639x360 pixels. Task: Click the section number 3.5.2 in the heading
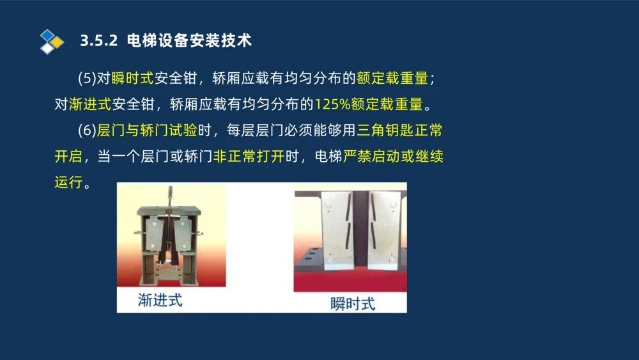tap(99, 41)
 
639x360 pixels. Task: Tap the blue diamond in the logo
tap(47, 35)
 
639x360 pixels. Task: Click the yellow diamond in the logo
tap(57, 42)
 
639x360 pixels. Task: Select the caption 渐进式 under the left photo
tap(160, 300)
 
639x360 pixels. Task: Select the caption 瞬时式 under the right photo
tap(353, 303)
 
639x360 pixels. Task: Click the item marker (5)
tap(86, 78)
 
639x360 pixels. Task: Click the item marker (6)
tap(86, 130)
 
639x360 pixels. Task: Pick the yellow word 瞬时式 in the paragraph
tap(132, 78)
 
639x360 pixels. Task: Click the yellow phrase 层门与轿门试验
tap(147, 130)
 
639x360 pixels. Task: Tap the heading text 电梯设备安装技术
tap(190, 41)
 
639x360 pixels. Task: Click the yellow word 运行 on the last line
tap(68, 182)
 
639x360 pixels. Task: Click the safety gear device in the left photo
tap(168, 237)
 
